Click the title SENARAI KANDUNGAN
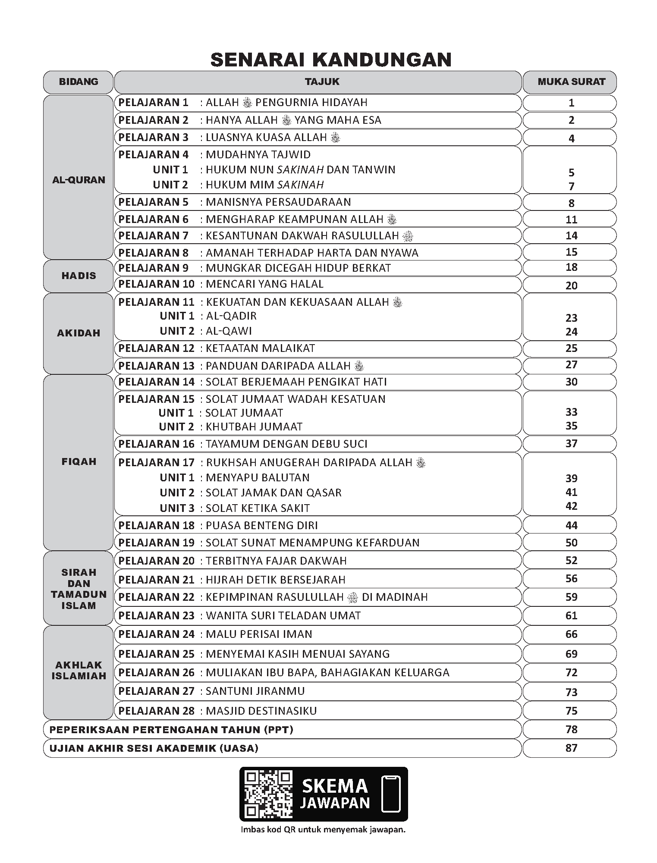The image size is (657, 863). [331, 60]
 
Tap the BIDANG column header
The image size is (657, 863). [79, 82]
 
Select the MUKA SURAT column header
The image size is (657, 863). [571, 82]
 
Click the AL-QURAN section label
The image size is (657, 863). [79, 180]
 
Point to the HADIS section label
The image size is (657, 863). [79, 276]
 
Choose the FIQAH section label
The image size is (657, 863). [79, 461]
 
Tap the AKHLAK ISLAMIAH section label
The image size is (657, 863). [79, 670]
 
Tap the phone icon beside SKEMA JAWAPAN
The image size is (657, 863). [391, 794]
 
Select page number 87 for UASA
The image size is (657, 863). [571, 748]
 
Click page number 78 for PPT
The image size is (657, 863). [571, 729]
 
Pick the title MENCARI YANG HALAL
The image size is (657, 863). [264, 284]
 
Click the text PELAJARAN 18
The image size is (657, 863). [157, 525]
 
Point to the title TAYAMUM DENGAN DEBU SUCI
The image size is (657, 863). [286, 444]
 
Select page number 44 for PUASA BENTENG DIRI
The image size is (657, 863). [571, 525]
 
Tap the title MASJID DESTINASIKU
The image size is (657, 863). [261, 711]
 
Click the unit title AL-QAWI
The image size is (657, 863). [229, 331]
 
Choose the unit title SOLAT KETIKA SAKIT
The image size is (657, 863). [258, 508]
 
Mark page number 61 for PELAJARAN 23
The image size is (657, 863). [571, 615]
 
